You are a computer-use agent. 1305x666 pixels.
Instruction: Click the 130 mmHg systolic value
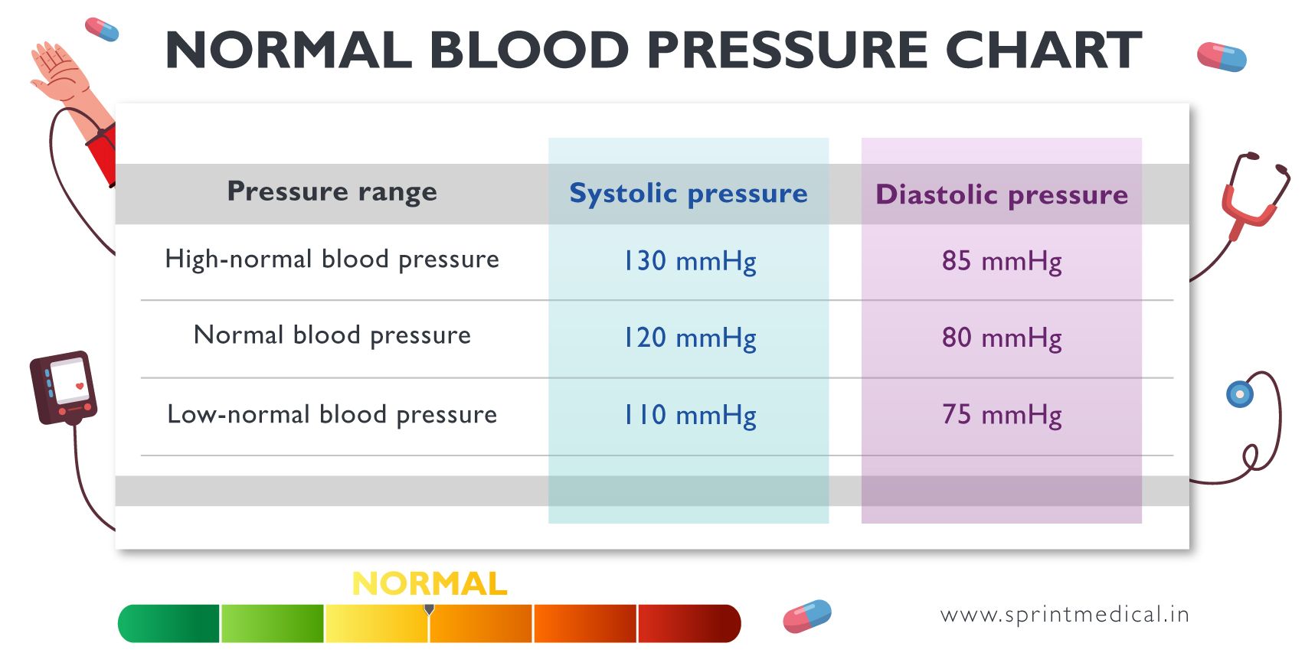[x=689, y=261]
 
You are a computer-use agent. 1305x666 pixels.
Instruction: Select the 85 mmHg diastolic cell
[x=1002, y=261]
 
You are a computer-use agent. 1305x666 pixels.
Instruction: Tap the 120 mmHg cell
[x=689, y=338]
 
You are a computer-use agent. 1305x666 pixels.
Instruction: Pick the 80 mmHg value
[x=1002, y=338]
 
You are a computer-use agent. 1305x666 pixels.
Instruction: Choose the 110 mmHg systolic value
[x=689, y=415]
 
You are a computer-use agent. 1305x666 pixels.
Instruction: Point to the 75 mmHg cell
[x=1002, y=415]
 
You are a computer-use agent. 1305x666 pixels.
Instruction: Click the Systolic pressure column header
[x=688, y=193]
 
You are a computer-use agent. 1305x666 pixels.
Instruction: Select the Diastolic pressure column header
[x=1002, y=194]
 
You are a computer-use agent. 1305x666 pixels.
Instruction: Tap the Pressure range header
[x=332, y=191]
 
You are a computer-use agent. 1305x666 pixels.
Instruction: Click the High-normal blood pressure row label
[x=332, y=260]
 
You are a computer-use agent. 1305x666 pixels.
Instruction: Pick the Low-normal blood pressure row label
[x=332, y=415]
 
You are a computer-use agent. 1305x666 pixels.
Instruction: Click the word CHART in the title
[x=1043, y=51]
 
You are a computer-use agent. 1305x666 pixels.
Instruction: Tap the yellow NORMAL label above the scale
[x=429, y=584]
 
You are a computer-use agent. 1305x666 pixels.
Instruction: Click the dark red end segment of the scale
[x=688, y=623]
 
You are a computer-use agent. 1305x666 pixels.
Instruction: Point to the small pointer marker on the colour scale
[x=429, y=609]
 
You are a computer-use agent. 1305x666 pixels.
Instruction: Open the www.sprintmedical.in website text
[x=1065, y=615]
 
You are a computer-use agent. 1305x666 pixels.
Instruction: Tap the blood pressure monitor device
[x=64, y=387]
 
